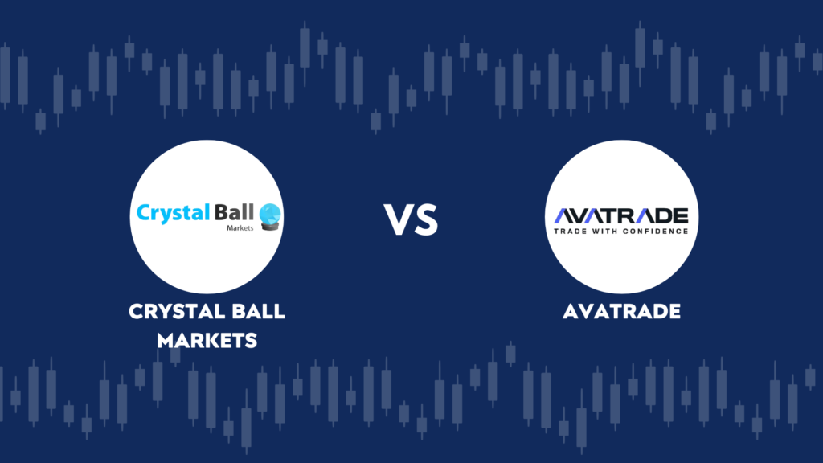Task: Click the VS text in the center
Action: [411, 219]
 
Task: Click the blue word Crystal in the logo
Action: [174, 214]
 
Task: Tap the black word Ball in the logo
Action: [234, 212]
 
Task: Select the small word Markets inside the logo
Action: [240, 227]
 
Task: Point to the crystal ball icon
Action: [270, 217]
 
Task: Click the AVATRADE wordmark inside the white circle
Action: [621, 215]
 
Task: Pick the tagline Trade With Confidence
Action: [621, 231]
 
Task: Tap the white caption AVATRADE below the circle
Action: [621, 311]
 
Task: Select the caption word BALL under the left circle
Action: [259, 311]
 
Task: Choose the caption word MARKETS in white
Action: [207, 341]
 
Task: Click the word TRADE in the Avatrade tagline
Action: [571, 231]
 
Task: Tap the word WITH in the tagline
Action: [604, 231]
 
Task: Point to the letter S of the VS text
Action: [426, 219]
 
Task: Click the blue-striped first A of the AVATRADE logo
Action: [565, 215]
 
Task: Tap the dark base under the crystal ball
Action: [270, 226]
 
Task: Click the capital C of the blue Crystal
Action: [143, 212]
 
